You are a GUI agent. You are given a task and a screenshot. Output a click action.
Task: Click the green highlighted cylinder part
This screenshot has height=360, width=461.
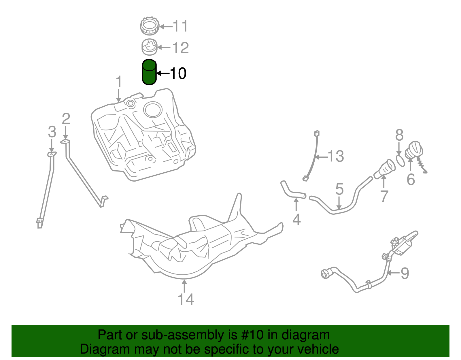pyautogui.click(x=149, y=72)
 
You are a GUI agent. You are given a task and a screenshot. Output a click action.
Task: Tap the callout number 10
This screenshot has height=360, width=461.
pyautogui.click(x=178, y=73)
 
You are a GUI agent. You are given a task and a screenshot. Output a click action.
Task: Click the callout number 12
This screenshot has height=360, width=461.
pyautogui.click(x=181, y=48)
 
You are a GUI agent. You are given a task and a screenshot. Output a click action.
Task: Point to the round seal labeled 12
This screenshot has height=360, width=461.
pyautogui.click(x=150, y=47)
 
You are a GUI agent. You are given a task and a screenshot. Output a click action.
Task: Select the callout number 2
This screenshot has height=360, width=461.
pyautogui.click(x=66, y=119)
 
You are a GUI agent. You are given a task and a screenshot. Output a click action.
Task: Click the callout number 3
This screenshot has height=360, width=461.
pyautogui.click(x=52, y=132)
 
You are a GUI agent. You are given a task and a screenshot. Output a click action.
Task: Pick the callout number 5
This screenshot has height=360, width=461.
pyautogui.click(x=339, y=189)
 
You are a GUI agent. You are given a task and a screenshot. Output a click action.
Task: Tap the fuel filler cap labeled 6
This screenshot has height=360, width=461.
pyautogui.click(x=414, y=150)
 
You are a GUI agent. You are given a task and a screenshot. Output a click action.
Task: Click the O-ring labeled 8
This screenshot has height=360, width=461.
pyautogui.click(x=400, y=161)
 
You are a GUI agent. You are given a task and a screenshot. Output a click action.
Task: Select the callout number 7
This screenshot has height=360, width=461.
pyautogui.click(x=384, y=196)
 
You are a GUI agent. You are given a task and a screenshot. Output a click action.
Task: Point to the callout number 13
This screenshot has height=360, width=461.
pyautogui.click(x=336, y=157)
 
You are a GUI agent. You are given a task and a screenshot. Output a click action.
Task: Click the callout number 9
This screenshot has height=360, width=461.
pyautogui.click(x=405, y=273)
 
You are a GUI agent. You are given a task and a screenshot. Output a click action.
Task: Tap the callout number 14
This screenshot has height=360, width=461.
pyautogui.click(x=186, y=299)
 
